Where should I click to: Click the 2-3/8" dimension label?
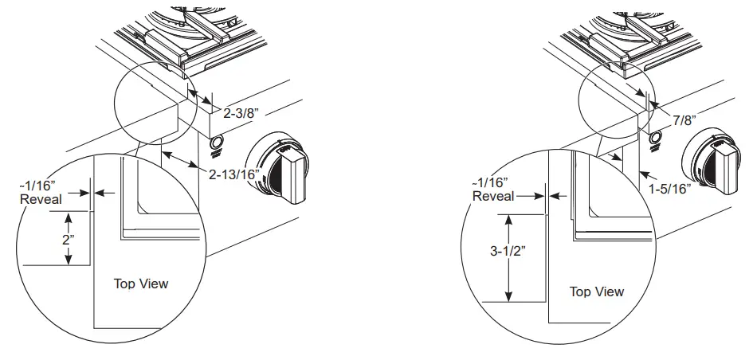point(241,114)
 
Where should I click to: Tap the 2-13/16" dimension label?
point(234,174)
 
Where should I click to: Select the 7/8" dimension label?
point(684,120)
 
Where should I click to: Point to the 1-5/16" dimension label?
point(669,189)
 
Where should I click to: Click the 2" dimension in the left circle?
point(69,240)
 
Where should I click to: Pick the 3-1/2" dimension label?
point(509,251)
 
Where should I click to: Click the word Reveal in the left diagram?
point(41,199)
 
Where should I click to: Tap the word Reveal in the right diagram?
point(493,196)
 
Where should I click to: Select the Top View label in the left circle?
point(141,284)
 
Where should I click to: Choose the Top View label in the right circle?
point(597,292)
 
